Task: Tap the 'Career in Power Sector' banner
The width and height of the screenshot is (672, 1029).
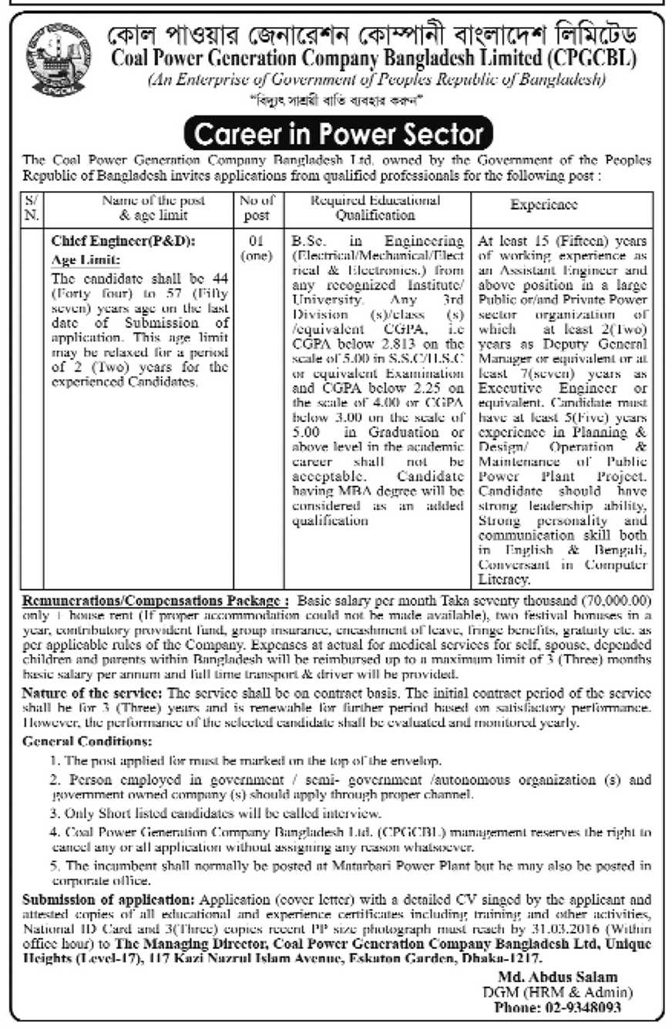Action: (336, 133)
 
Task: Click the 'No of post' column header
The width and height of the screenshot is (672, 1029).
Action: (258, 206)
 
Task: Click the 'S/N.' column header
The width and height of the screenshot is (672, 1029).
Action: (32, 206)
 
